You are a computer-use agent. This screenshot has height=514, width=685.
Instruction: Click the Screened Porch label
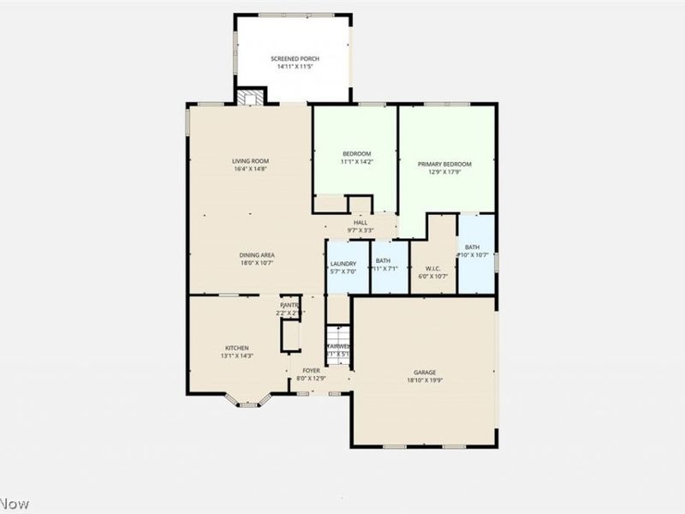coord(294,58)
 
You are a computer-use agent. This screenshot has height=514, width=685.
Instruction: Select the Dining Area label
coord(257,255)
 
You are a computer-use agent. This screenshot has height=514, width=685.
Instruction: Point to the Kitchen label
coord(236,348)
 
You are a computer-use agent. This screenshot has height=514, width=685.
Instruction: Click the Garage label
coord(426,372)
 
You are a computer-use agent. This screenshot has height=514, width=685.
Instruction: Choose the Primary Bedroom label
coord(444,164)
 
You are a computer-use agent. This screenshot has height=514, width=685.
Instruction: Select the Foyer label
coord(311,370)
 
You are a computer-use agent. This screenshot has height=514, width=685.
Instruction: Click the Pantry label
coord(289,305)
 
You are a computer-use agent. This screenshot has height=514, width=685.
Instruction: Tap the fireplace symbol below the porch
coord(250,98)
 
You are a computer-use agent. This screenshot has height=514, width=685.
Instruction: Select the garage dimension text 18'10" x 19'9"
coord(426,380)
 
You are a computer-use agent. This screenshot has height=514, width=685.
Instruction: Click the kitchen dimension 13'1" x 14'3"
coord(236,356)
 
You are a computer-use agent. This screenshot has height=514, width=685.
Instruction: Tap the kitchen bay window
coord(248,401)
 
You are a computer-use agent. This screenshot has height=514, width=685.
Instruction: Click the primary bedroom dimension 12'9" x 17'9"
coord(444,171)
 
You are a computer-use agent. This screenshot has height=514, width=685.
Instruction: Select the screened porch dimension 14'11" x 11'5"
coord(294,66)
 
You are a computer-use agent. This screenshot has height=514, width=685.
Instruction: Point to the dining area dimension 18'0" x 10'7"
coord(257,263)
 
